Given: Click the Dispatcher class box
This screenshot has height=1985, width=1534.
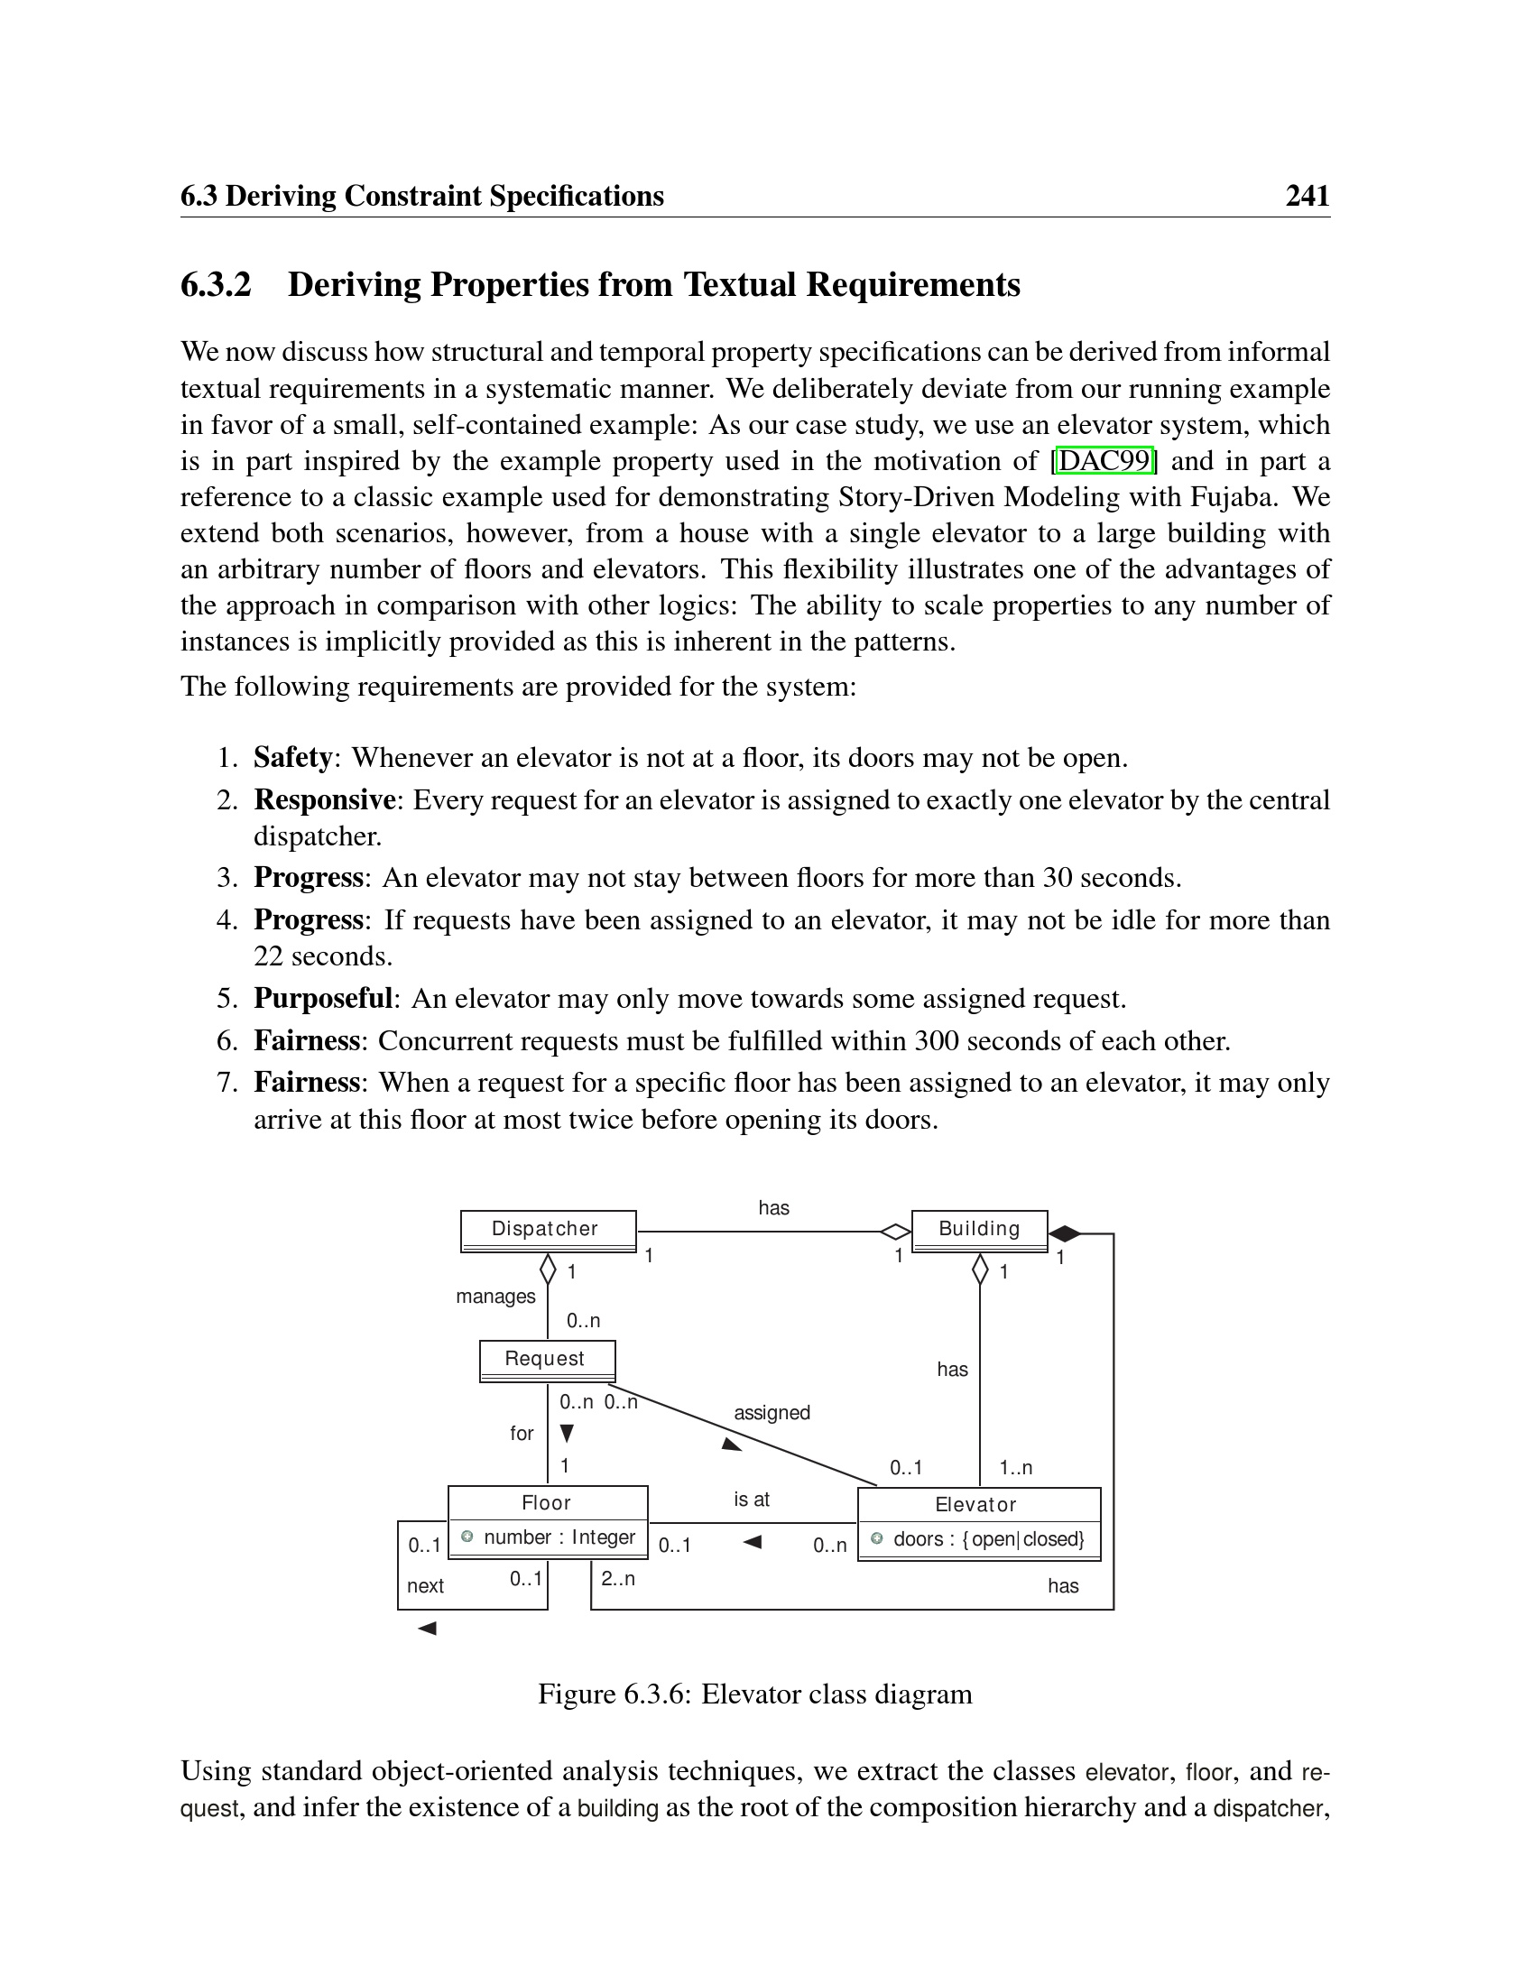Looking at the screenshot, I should click(x=547, y=1230).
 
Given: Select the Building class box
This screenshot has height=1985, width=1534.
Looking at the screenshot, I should click(x=979, y=1230).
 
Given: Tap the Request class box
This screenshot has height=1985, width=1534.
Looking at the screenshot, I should click(x=546, y=1360).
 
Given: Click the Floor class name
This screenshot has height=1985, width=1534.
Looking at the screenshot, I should click(x=546, y=1503).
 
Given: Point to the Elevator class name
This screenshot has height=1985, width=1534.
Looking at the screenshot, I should click(x=976, y=1505).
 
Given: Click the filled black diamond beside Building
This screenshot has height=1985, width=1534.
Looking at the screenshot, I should click(x=1064, y=1234).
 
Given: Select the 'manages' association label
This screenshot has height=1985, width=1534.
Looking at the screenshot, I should click(x=495, y=1297).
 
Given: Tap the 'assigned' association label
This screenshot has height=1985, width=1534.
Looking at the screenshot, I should click(x=772, y=1413).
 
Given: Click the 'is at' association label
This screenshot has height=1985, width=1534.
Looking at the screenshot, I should click(x=752, y=1500).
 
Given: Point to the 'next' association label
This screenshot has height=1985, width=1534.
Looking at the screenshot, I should click(x=425, y=1586).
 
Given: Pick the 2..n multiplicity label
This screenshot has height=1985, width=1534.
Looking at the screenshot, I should click(x=618, y=1579).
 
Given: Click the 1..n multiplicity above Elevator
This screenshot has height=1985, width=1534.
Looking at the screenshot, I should click(x=1015, y=1468).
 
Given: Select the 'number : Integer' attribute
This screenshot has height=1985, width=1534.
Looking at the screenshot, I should click(x=558, y=1537).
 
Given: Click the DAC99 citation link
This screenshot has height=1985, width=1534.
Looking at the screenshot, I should click(x=1104, y=461).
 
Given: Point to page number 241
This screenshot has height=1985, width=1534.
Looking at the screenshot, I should click(x=1307, y=197).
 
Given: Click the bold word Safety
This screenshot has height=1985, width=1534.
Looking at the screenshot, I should click(x=292, y=757).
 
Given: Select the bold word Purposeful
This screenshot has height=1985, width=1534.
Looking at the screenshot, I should click(x=323, y=998).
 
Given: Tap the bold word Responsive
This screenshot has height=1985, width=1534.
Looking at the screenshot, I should click(x=325, y=799).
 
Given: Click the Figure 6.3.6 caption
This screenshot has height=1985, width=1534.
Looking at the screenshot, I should click(x=754, y=1694).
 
